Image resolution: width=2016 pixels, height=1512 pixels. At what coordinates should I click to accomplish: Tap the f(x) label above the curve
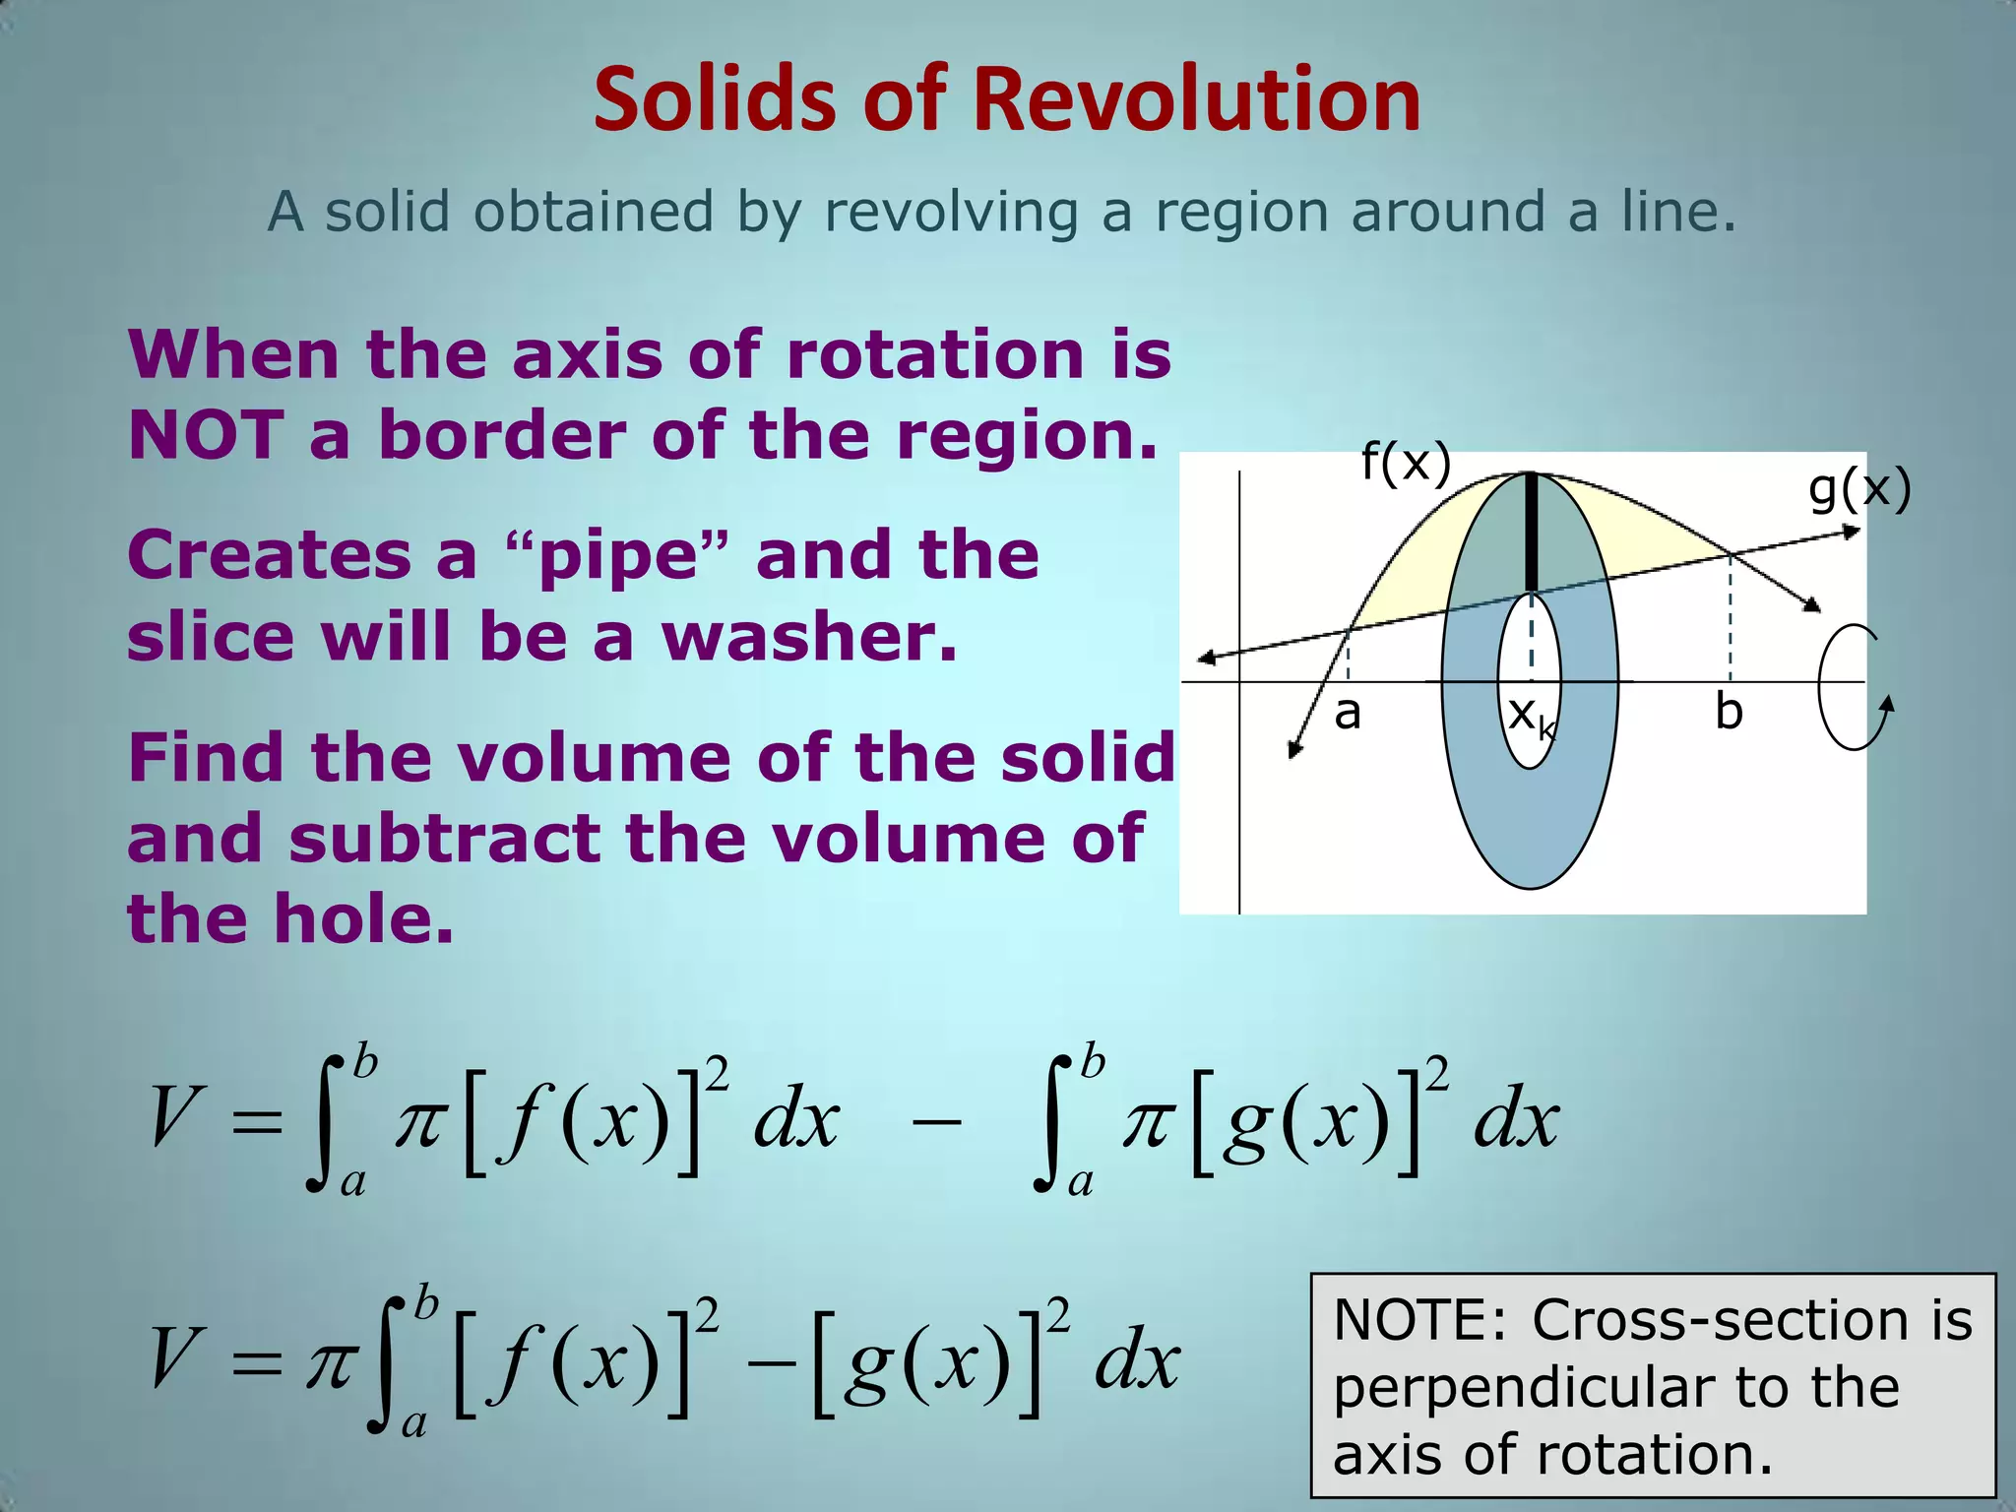pyautogui.click(x=1406, y=462)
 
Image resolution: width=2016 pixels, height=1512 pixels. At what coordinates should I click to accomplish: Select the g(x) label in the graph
pyautogui.click(x=1859, y=489)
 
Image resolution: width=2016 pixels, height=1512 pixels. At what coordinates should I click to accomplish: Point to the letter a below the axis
pyautogui.click(x=1348, y=713)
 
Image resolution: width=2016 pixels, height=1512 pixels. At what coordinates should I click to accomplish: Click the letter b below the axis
pyautogui.click(x=1729, y=712)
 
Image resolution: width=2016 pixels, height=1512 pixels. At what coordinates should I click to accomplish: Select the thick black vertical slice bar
pyautogui.click(x=1531, y=533)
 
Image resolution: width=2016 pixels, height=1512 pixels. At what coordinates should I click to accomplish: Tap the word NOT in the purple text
pyautogui.click(x=206, y=435)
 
